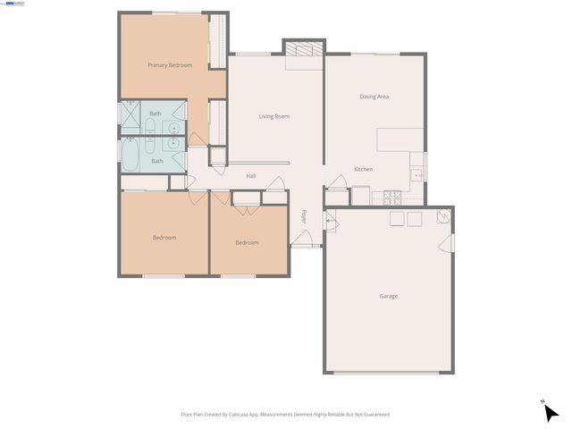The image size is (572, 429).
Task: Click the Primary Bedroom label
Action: [170, 65]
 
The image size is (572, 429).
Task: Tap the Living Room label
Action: [273, 116]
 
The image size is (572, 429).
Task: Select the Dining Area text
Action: [374, 97]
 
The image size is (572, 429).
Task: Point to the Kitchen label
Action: [363, 169]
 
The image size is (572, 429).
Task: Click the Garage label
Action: [388, 296]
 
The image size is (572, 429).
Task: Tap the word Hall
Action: [251, 176]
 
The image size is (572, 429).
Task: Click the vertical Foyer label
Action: [304, 217]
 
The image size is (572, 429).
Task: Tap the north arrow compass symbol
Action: [551, 411]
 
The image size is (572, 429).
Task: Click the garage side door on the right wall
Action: [451, 242]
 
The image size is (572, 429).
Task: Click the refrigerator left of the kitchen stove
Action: [361, 195]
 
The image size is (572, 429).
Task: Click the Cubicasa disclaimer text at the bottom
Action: [286, 414]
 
